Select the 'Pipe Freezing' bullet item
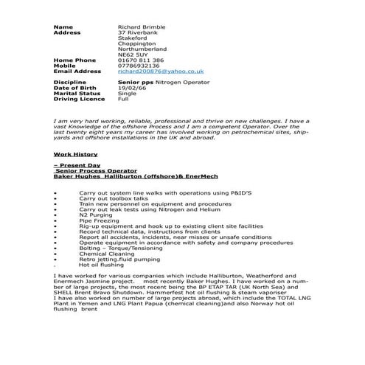pos(95,220)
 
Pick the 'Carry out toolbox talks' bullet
pos(113,198)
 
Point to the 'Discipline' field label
pos(70,83)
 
